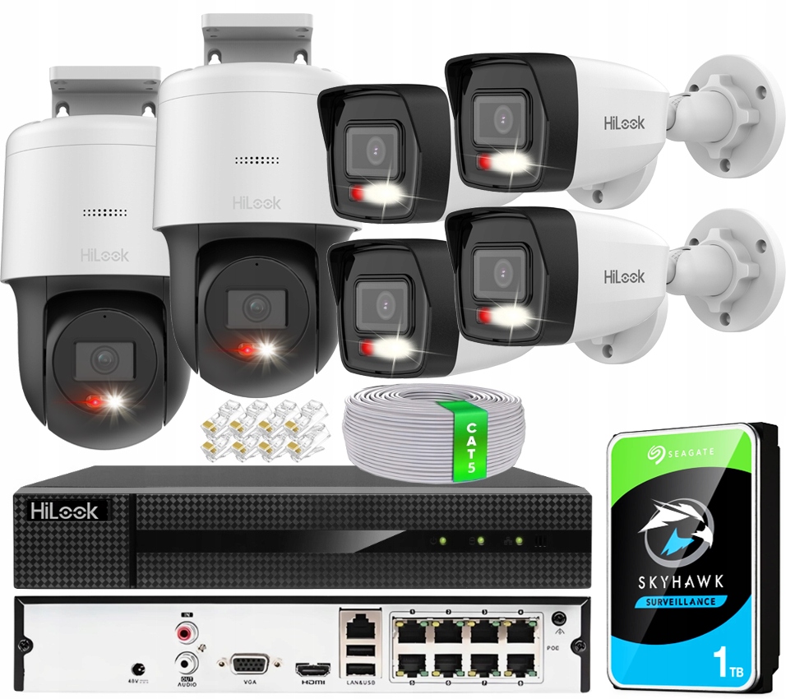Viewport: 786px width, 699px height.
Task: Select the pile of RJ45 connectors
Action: point(257,429)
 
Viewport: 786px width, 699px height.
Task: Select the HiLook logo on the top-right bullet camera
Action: point(624,122)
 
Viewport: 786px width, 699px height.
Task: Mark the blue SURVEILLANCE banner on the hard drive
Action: point(682,601)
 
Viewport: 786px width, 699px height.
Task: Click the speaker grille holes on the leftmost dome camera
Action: point(104,212)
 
